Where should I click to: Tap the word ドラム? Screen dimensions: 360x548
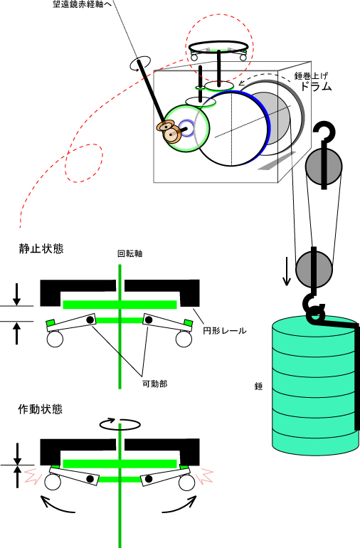tap(316, 86)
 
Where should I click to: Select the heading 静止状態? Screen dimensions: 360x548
tap(41, 248)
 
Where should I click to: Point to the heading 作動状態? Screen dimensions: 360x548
tap(40, 409)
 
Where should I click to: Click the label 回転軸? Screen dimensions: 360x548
tap(130, 253)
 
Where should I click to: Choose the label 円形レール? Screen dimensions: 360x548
tap(225, 330)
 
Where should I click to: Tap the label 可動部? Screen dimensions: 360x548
tap(155, 384)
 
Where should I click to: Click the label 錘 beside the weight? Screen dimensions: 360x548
tap(259, 386)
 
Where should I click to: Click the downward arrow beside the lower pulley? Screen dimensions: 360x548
tap(287, 272)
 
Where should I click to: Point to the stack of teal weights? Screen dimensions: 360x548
tap(314, 384)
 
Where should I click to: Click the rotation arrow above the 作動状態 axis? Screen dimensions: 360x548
tap(120, 423)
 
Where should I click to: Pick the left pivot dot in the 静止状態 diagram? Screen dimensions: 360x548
tap(90, 319)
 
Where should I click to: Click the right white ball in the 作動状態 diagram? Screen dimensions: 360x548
tap(186, 483)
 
